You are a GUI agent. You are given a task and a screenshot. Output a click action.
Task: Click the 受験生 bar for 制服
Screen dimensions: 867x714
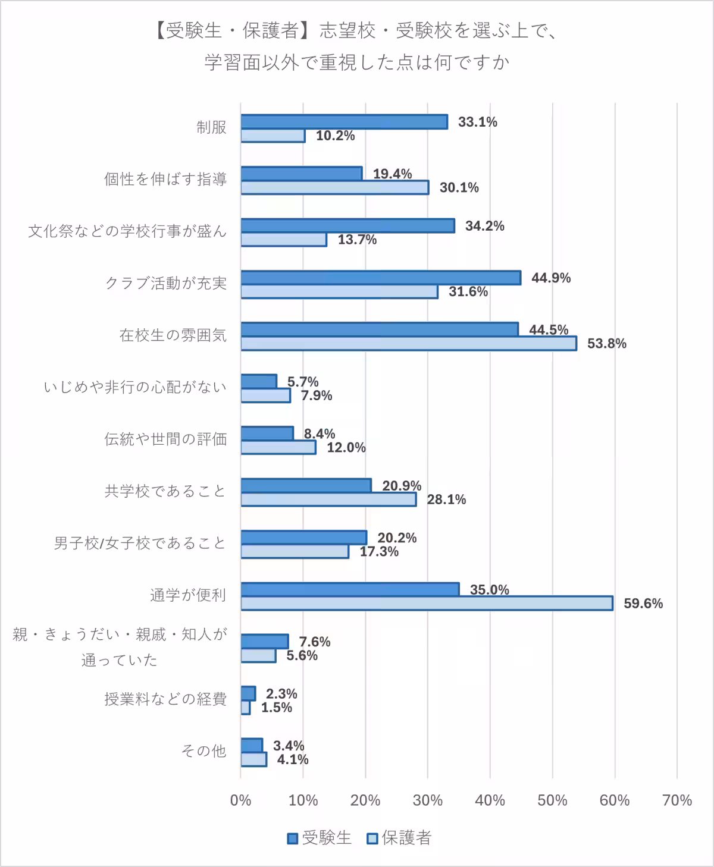(344, 122)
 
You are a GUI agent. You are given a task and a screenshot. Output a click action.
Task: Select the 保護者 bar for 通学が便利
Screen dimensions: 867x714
(427, 603)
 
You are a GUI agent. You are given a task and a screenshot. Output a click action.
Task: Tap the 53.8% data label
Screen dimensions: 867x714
(606, 344)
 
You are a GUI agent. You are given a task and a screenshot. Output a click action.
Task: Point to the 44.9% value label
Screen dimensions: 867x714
(550, 278)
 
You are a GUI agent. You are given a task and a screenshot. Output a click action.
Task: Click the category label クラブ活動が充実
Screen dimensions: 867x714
(166, 283)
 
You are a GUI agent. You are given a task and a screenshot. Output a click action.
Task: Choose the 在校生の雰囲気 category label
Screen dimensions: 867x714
(173, 335)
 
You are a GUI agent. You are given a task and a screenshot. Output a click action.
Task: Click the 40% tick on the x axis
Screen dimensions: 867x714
(490, 800)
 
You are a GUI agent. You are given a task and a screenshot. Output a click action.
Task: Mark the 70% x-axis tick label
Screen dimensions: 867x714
(677, 800)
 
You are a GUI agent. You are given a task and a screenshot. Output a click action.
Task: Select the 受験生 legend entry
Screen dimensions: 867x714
(320, 838)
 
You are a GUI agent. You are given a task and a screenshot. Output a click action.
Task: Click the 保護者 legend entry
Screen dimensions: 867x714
(399, 838)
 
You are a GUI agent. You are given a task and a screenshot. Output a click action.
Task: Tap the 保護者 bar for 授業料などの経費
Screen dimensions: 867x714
(245, 708)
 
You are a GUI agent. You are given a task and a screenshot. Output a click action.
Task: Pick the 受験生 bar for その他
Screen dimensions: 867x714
(252, 746)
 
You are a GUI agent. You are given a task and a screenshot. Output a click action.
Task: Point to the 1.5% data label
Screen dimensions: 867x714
(277, 708)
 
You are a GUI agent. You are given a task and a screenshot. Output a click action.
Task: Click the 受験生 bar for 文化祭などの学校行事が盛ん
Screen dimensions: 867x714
(347, 226)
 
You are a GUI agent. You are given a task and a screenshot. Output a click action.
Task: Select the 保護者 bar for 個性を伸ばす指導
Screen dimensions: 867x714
(334, 187)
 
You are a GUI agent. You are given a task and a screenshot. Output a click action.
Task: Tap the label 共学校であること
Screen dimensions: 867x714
(165, 491)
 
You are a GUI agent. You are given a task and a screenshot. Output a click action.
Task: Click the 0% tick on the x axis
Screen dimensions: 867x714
(240, 800)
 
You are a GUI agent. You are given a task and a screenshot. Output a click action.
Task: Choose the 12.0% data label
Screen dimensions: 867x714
(346, 448)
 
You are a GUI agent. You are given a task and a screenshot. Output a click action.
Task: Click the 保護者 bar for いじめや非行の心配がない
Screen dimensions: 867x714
(265, 395)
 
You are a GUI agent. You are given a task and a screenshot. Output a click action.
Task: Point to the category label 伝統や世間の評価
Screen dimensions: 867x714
(165, 439)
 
